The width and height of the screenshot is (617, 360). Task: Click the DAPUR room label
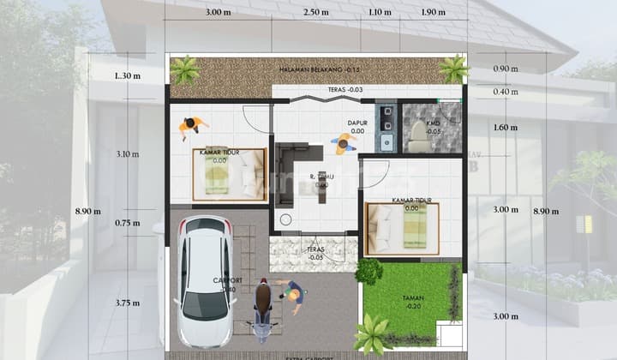(357, 123)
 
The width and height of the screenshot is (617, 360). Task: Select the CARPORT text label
(230, 280)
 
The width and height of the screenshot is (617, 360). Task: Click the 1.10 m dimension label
(380, 12)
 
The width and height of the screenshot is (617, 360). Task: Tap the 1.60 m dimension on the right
(506, 128)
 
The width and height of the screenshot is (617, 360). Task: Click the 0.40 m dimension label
(506, 92)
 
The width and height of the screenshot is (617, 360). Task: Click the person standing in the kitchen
(345, 143)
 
